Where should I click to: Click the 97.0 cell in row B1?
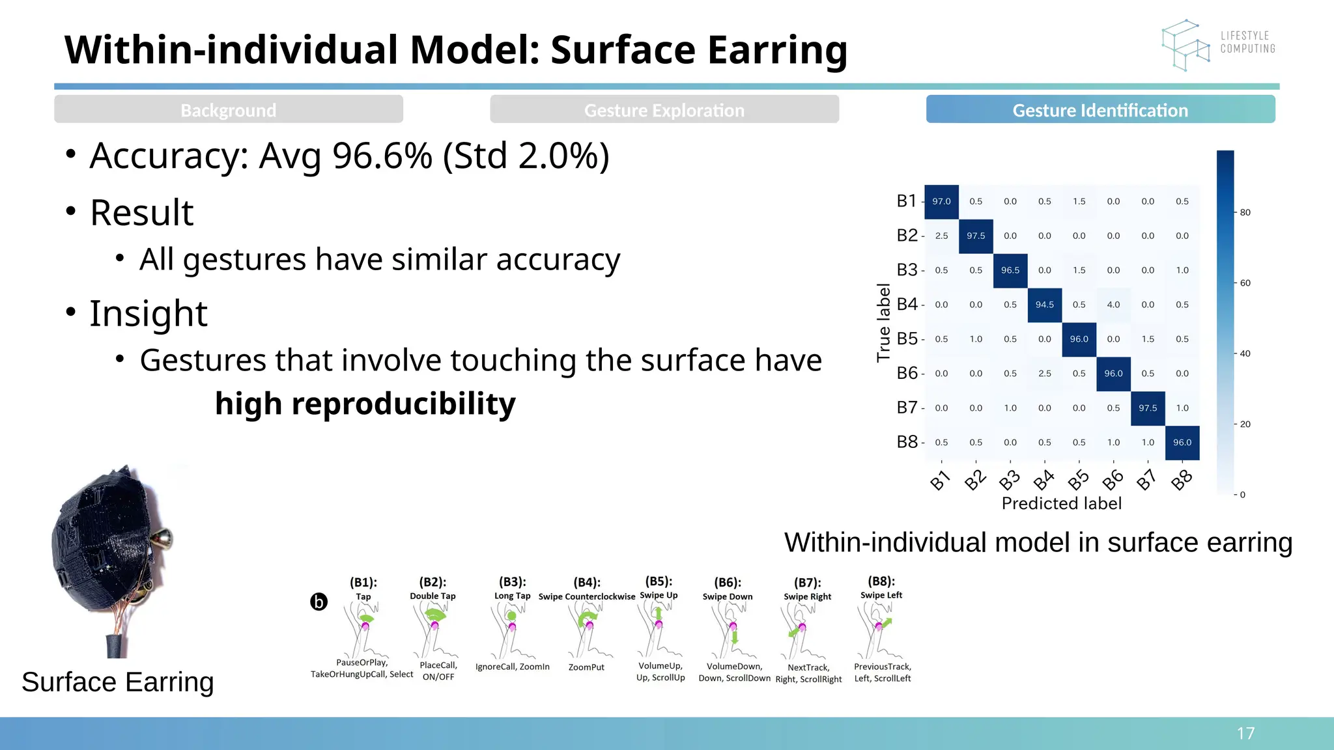tap(941, 201)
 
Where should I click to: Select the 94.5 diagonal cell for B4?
tap(1044, 305)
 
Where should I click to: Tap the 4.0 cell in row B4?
tap(1113, 305)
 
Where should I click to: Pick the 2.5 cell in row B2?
tap(941, 236)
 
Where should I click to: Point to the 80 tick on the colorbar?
tap(1245, 212)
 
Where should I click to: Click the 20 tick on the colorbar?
tap(1245, 424)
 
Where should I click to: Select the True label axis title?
tap(883, 322)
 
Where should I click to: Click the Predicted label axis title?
tap(1061, 503)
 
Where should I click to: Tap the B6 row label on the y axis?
tap(907, 373)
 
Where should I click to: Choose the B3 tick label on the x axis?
tap(1010, 480)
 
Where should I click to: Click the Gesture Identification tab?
tap(1100, 109)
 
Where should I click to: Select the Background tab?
tap(229, 109)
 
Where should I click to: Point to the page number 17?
tap(1245, 734)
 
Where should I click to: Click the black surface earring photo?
tap(111, 547)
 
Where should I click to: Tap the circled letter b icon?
tap(319, 602)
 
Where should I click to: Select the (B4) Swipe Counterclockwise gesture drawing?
tap(588, 628)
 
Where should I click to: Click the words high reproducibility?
tap(365, 404)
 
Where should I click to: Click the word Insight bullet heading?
tap(148, 313)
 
